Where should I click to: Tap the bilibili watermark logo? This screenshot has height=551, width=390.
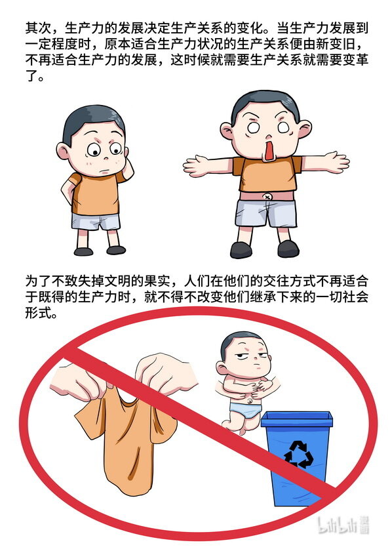[x=343, y=525]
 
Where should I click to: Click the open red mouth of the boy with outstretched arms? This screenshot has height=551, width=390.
[x=269, y=150]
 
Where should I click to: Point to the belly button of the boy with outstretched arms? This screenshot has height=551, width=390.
[x=267, y=197]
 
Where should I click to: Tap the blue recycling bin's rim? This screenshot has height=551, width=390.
[x=297, y=419]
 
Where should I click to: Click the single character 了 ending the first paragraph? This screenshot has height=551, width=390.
[x=31, y=75]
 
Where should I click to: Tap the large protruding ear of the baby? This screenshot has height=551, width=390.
[x=222, y=368]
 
